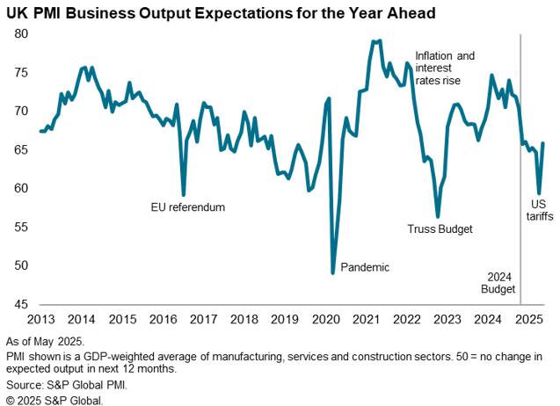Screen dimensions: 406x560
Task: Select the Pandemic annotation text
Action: (x=364, y=267)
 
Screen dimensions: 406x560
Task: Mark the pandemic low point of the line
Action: (x=333, y=272)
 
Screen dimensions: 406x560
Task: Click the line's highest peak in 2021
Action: (x=377, y=40)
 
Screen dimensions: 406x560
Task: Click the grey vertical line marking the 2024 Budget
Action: (x=520, y=176)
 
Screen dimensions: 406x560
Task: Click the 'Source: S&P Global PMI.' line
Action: (x=67, y=385)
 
